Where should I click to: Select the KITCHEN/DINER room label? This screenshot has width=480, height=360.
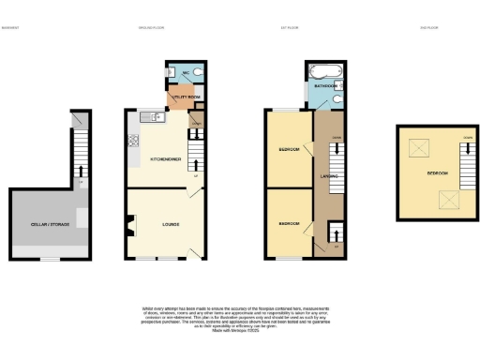tap(165, 158)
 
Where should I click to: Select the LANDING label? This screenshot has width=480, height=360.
tap(327, 175)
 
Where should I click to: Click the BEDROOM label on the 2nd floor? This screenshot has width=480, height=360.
tap(437, 173)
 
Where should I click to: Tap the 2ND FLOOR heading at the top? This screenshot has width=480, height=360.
tap(430, 27)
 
